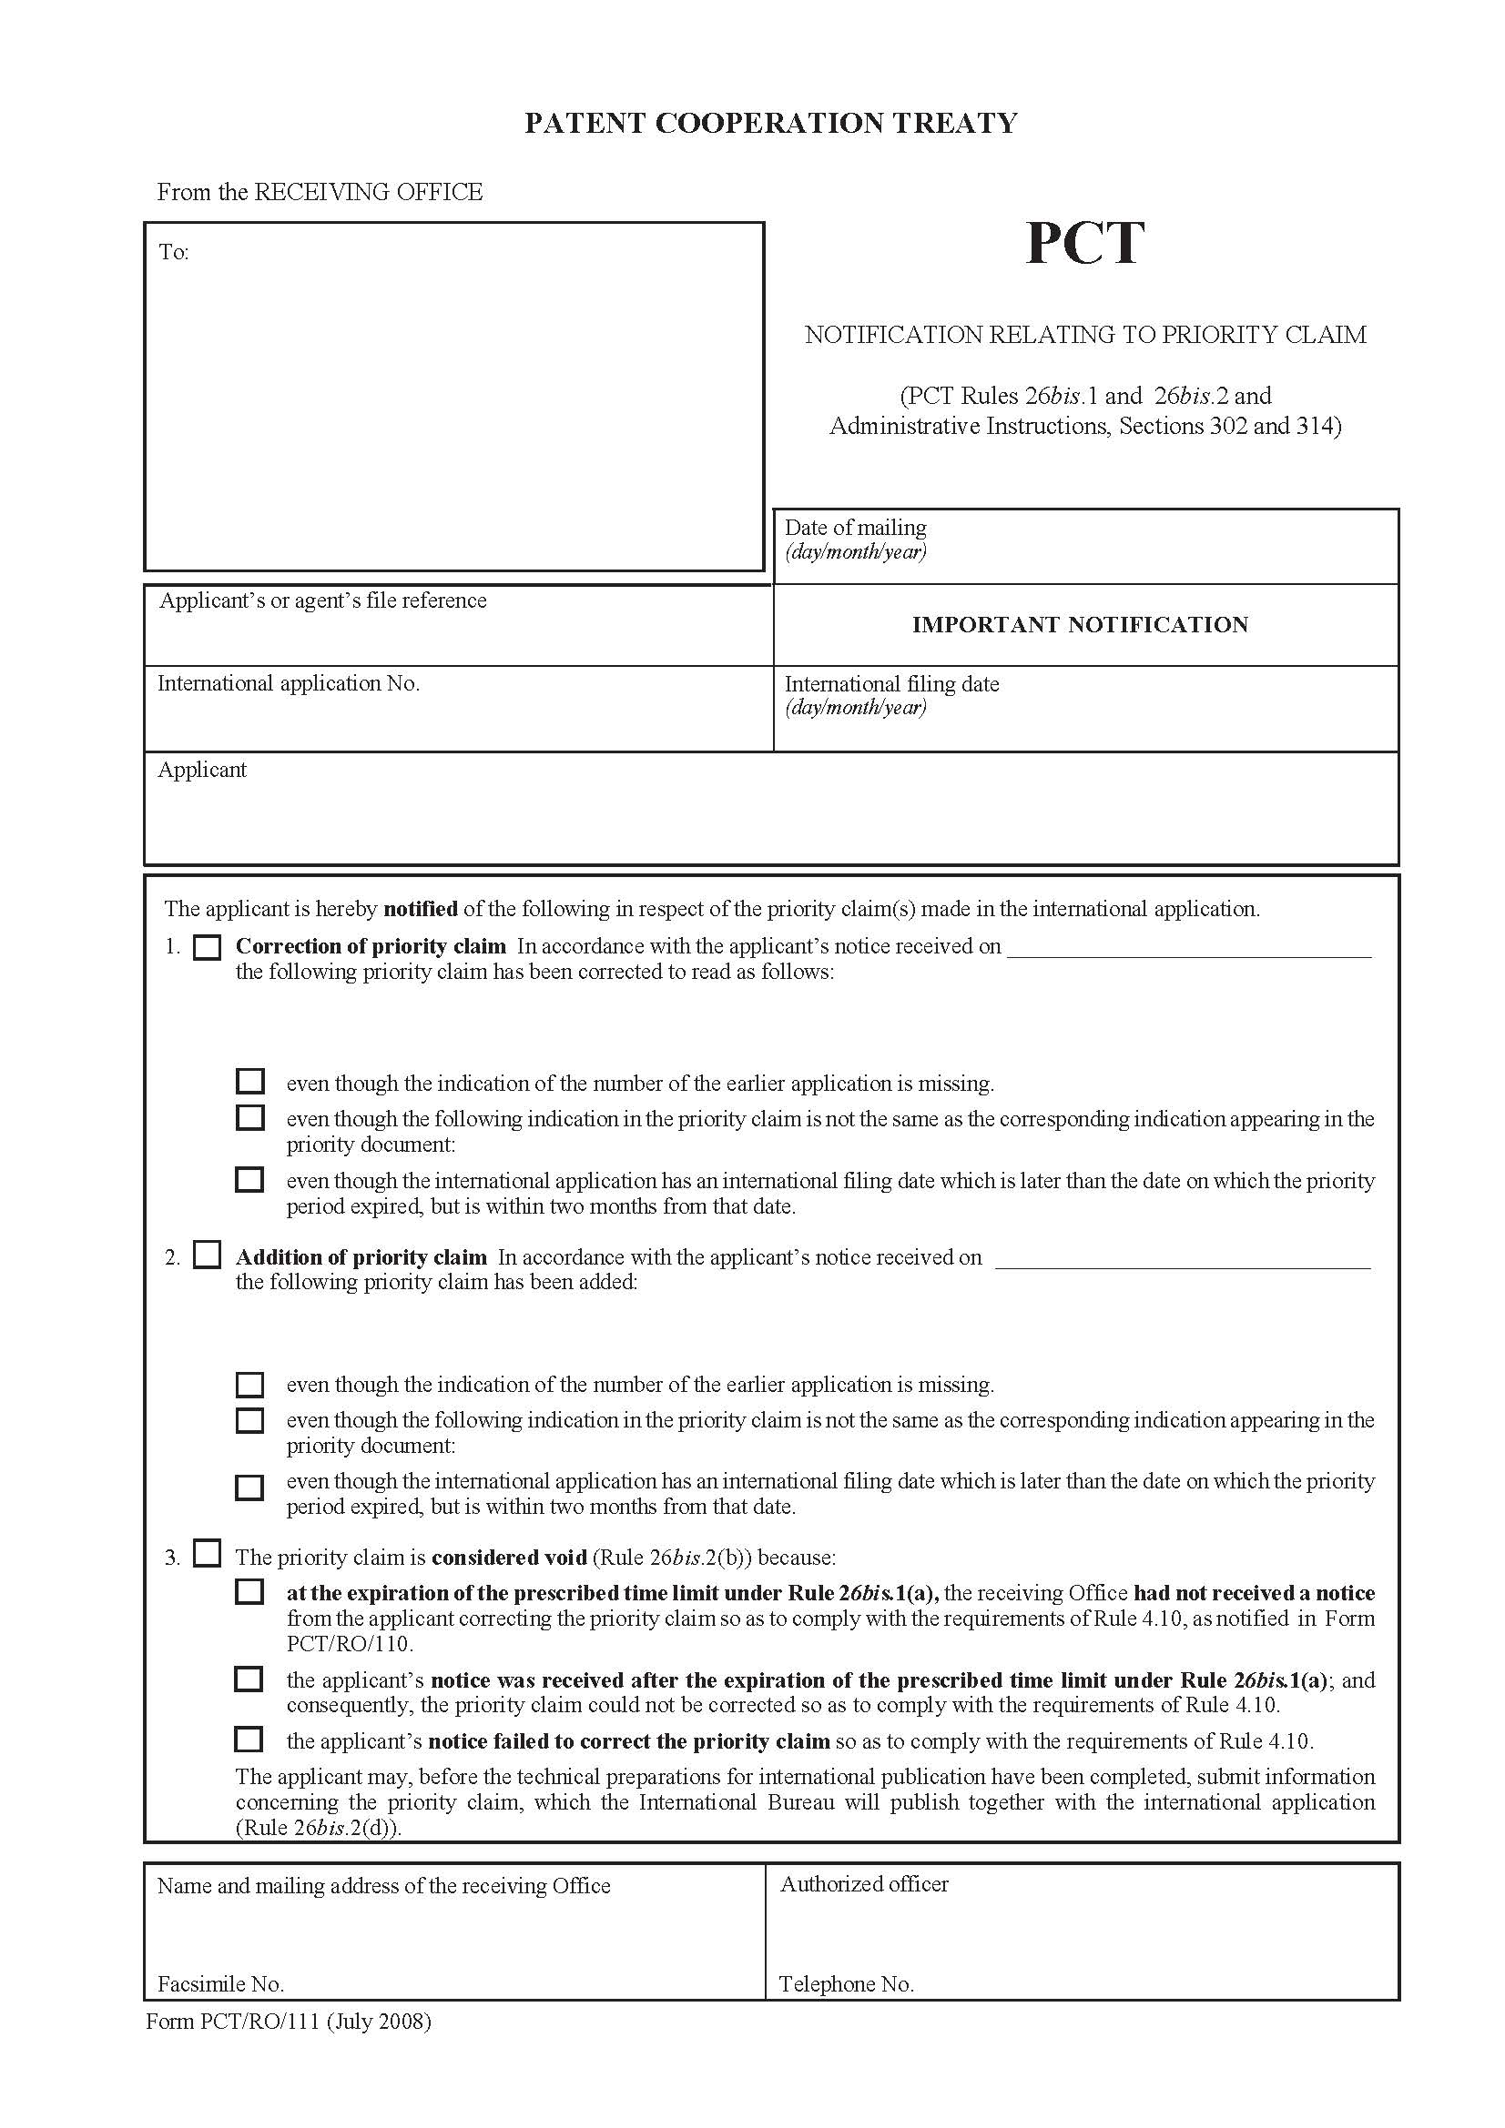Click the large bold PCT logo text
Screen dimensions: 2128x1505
click(1084, 244)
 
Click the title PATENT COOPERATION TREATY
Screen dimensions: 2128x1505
click(770, 123)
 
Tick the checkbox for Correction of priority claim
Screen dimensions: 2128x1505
click(207, 947)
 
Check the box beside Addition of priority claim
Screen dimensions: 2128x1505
click(207, 1256)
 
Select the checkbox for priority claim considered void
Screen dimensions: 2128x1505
click(207, 1553)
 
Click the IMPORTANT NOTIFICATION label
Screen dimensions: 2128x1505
click(1080, 625)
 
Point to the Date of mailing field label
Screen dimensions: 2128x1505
click(855, 529)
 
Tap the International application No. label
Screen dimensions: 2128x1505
click(289, 684)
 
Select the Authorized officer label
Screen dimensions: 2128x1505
click(864, 1884)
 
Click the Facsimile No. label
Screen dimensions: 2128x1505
click(220, 1984)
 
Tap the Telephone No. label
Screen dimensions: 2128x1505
click(846, 1984)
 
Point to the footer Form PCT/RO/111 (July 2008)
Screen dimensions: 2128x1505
click(289, 2022)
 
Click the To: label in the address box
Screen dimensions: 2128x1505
click(173, 253)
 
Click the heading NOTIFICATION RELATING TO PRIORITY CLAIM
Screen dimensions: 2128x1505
click(1085, 335)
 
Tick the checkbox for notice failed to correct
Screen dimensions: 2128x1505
click(249, 1740)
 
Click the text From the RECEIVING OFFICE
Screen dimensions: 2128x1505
click(320, 192)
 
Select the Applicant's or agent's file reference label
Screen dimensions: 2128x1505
click(322, 600)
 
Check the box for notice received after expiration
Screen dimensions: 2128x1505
click(249, 1679)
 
